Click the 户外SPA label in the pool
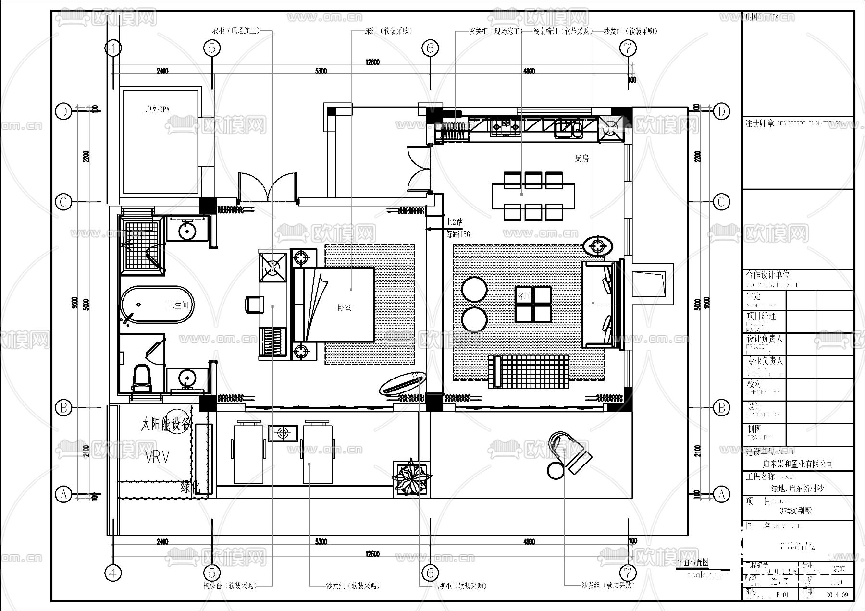coord(157,110)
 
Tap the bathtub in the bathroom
coord(157,305)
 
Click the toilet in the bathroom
coord(141,377)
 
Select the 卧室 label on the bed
coord(344,308)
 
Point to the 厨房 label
coord(581,158)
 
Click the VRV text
coord(157,457)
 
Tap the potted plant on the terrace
coord(411,478)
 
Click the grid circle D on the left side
coord(63,111)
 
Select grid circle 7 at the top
coord(628,48)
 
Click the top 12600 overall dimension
coord(372,62)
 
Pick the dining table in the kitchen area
coord(533,196)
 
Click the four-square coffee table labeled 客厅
coord(533,304)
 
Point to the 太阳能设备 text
coord(166,424)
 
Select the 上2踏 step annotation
coord(454,222)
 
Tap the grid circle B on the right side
coord(721,408)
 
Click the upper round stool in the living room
coord(474,289)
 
